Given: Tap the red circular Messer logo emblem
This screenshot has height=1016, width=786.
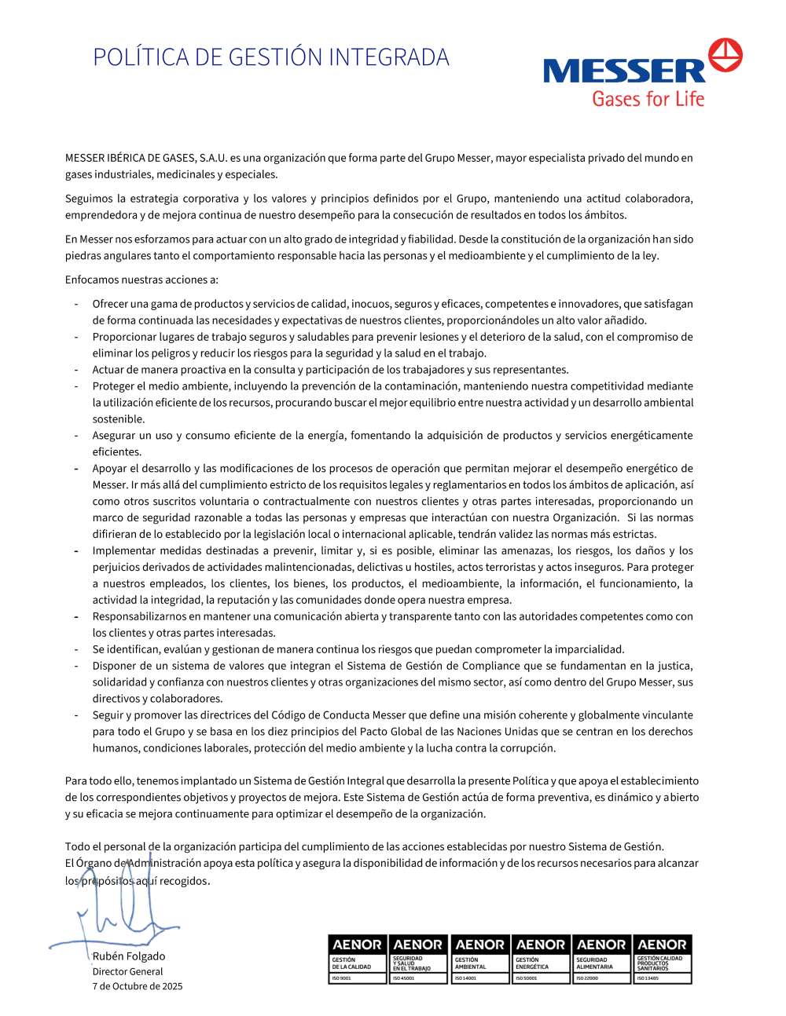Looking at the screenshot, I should coord(725,56).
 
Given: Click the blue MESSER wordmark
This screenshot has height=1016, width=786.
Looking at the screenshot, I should coord(625,71).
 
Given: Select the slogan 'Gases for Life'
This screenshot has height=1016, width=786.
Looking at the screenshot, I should coord(648,99).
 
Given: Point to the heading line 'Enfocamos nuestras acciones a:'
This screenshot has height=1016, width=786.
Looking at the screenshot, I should coord(141,280).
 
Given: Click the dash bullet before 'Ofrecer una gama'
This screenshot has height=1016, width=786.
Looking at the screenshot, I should coord(76,304).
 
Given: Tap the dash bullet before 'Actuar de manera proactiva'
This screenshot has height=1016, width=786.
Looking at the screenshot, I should coord(76,370).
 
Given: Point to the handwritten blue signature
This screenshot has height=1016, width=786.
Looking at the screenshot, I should coord(118,911).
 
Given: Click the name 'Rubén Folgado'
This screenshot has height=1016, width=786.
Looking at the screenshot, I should coord(129,956).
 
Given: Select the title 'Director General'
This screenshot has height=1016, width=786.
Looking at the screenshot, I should coord(127,972).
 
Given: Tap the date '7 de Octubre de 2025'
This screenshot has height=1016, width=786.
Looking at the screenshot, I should coord(138,986).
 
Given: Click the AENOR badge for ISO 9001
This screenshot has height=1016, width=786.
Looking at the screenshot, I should coord(357,959).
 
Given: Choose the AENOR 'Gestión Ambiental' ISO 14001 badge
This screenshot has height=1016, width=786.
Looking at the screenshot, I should coord(479,959).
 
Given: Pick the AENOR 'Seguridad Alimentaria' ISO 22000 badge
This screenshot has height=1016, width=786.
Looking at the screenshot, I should coord(601,959).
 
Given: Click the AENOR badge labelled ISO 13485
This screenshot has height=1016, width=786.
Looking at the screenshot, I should coord(663,959).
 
